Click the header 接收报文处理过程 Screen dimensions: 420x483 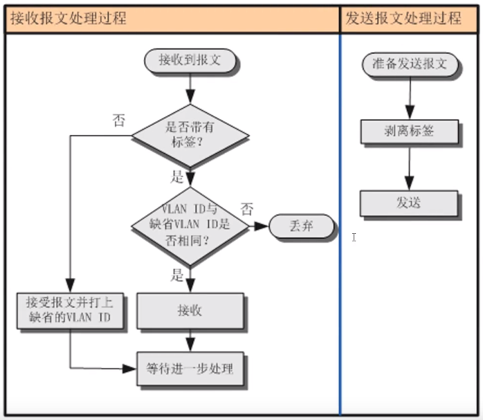(68, 19)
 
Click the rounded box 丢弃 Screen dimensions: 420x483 (302, 226)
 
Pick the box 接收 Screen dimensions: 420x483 (190, 311)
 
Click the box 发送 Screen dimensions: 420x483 (409, 203)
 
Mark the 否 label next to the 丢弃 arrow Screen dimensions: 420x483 (246, 208)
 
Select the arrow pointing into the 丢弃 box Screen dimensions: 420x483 (258, 226)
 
